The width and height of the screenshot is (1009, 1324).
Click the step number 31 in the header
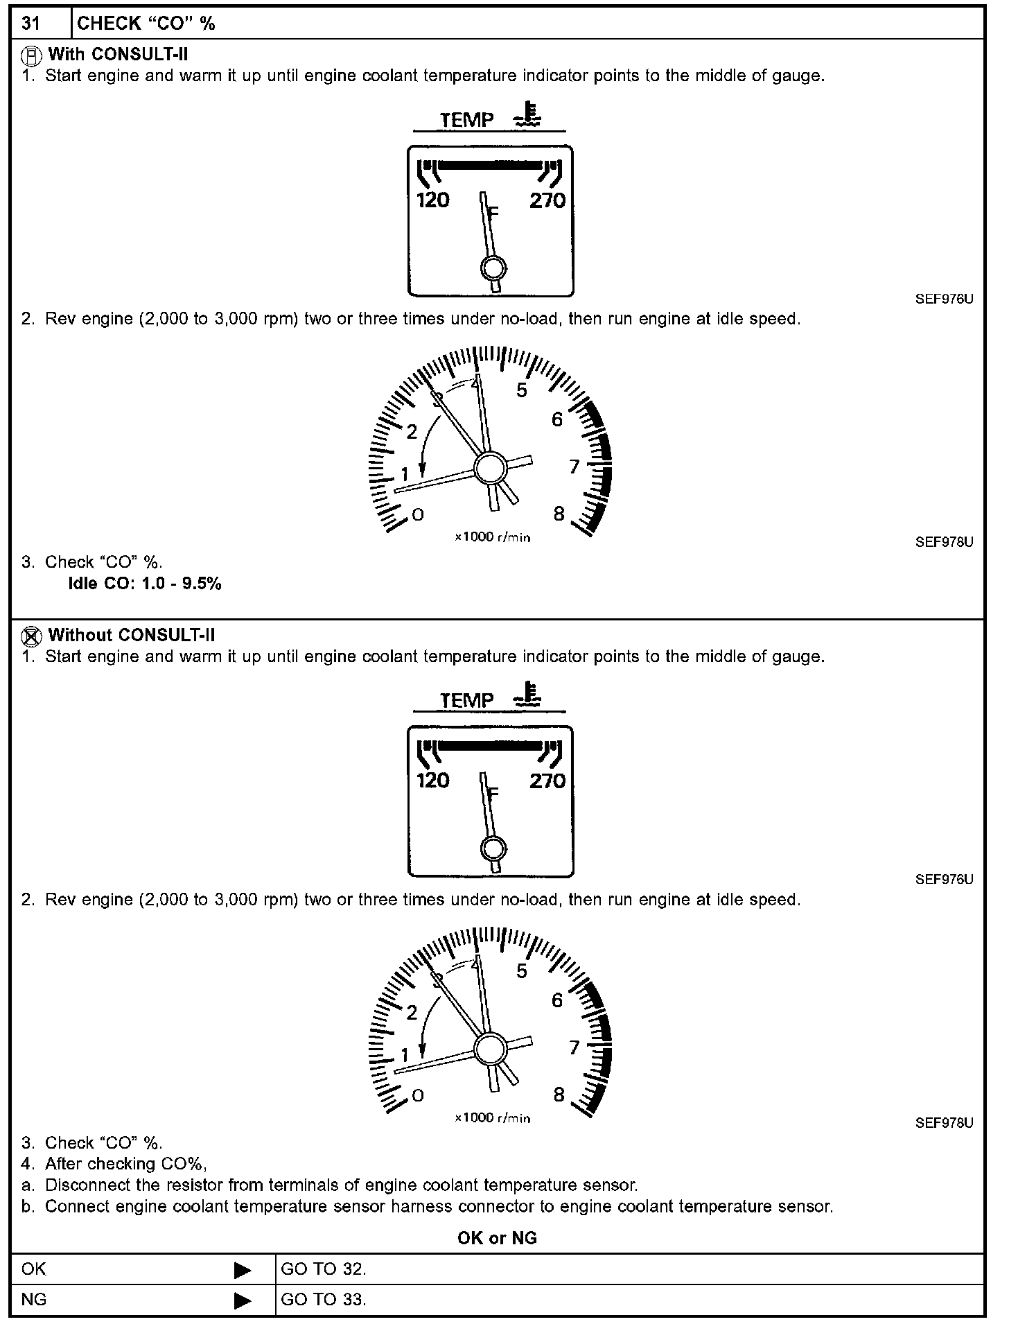31,24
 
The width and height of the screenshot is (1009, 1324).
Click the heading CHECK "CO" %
146,24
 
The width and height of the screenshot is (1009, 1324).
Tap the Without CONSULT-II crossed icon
30,636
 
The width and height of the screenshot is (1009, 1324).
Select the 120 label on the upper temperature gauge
432,201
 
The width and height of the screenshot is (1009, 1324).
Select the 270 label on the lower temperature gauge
547,781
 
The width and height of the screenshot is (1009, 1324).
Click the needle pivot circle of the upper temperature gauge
493,268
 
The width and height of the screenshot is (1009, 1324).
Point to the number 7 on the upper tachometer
574,467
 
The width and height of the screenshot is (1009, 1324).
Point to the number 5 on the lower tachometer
522,971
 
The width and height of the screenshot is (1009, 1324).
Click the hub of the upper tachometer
491,468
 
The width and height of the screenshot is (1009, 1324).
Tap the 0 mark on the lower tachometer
417,1095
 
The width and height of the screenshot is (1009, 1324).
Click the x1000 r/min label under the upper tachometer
493,537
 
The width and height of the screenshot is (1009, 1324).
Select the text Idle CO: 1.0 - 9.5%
145,584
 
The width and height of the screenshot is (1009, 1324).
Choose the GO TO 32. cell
324,1269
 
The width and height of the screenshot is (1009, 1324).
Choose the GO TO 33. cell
324,1300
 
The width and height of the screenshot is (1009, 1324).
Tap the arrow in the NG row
243,1300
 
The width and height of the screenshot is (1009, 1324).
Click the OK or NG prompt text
497,1238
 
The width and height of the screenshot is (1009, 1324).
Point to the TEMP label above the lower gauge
467,701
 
